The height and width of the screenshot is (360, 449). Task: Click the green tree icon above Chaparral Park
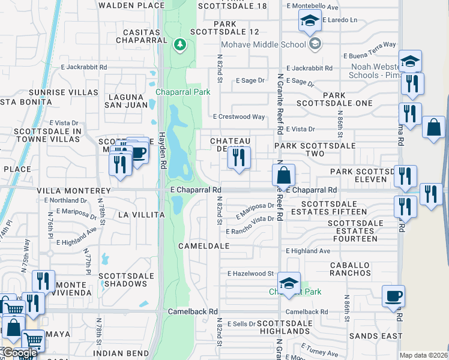coord(179,45)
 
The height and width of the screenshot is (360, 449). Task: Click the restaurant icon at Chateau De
coord(240,158)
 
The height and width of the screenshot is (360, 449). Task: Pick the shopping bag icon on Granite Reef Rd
coord(284,176)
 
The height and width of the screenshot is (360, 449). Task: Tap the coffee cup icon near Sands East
coord(394,296)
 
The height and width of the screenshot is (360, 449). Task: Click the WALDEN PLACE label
coord(131,5)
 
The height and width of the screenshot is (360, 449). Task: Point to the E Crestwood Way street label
coord(239,117)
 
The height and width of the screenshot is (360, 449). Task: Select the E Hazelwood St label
coord(250,274)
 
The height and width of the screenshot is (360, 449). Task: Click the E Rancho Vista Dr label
coord(250,231)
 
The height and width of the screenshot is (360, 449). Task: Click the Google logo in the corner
coord(19,353)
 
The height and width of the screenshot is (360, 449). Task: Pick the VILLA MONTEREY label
coord(67,190)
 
